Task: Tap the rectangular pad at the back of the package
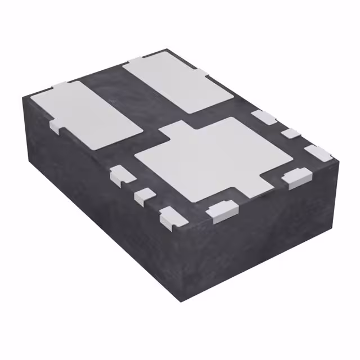click(x=178, y=82)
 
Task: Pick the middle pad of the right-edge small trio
click(x=292, y=134)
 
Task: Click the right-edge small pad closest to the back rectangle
click(x=263, y=117)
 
